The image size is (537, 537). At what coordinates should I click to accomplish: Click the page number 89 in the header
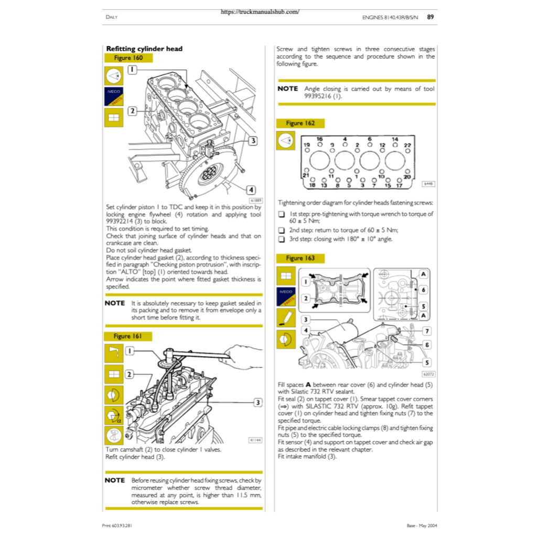click(x=430, y=17)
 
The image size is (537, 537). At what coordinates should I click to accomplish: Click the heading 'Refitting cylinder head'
click(x=144, y=49)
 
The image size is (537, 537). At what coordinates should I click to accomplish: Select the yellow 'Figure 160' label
click(x=128, y=58)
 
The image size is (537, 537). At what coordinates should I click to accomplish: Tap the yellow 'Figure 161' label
click(x=128, y=336)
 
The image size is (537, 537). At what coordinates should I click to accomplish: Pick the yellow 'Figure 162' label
click(x=300, y=123)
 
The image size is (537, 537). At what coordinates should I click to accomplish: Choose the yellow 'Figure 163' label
click(x=300, y=259)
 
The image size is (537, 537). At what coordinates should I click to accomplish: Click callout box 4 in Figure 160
click(x=251, y=189)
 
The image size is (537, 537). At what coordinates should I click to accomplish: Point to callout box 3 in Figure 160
click(x=253, y=141)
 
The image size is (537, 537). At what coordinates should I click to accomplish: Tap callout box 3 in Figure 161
click(x=258, y=402)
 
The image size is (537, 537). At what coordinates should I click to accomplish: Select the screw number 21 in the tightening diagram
click(x=307, y=176)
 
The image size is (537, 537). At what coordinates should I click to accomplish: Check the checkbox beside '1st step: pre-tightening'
click(x=282, y=214)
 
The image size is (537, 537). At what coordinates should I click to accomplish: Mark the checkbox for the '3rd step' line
click(x=282, y=239)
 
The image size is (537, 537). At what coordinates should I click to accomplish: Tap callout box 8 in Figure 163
click(x=427, y=345)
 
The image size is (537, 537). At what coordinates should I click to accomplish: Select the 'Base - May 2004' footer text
click(x=422, y=525)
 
